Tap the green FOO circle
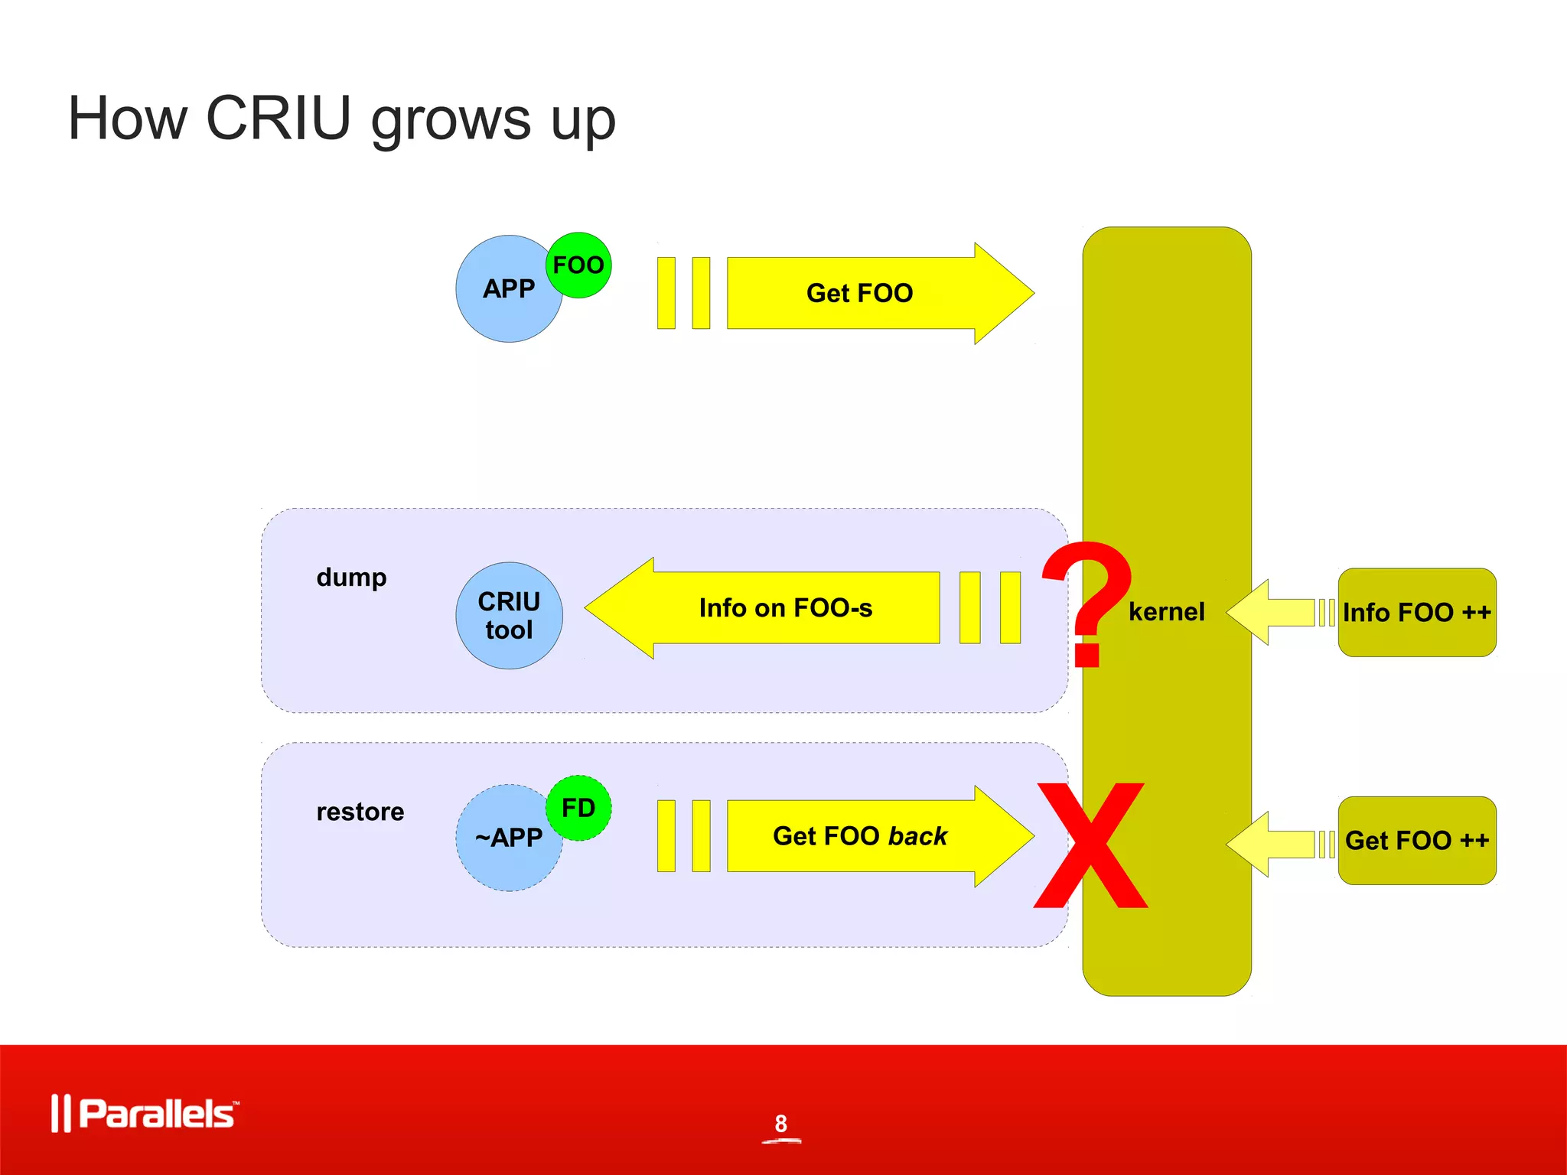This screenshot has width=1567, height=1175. (x=579, y=265)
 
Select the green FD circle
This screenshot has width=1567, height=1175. (x=579, y=808)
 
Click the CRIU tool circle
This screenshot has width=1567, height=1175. (x=509, y=615)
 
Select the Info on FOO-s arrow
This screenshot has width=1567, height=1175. (x=785, y=608)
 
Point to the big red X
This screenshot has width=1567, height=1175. (x=1090, y=845)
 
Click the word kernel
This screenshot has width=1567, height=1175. (x=1166, y=612)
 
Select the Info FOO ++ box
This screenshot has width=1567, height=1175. (x=1416, y=612)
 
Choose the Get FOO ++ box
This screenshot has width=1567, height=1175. (x=1416, y=840)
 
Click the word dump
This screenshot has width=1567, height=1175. (x=351, y=578)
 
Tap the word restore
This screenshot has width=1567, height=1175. (x=360, y=812)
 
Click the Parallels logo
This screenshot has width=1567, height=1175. (x=145, y=1113)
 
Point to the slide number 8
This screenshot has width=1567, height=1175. (x=780, y=1123)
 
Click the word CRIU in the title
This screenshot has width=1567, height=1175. (x=279, y=119)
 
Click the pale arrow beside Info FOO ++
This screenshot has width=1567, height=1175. (x=1274, y=612)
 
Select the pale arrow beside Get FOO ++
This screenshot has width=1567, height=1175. (x=1274, y=844)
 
